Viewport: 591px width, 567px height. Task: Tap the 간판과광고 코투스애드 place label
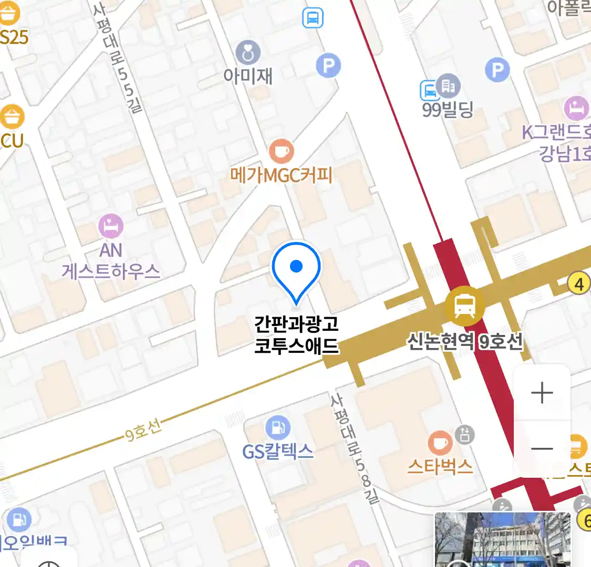[x=296, y=334]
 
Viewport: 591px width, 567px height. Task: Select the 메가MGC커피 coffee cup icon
[x=282, y=152]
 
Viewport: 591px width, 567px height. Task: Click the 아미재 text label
[x=248, y=77]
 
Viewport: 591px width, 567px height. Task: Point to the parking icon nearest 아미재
[x=328, y=66]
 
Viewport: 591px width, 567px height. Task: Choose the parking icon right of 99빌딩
[x=497, y=70]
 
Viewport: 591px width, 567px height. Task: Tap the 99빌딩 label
[x=448, y=110]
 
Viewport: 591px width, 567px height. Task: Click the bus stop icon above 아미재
[x=313, y=18]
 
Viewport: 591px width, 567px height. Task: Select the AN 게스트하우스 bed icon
[x=111, y=227]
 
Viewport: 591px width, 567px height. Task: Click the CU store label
[x=12, y=140]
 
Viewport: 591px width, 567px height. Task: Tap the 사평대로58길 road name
[x=355, y=449]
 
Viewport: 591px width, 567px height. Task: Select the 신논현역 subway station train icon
[x=464, y=306]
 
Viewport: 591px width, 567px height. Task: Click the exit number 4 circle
[x=579, y=284]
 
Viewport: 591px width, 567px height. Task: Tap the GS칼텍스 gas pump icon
[x=277, y=428]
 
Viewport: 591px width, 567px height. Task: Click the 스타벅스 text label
[x=440, y=466]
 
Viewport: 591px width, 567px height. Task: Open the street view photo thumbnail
[x=502, y=540]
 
